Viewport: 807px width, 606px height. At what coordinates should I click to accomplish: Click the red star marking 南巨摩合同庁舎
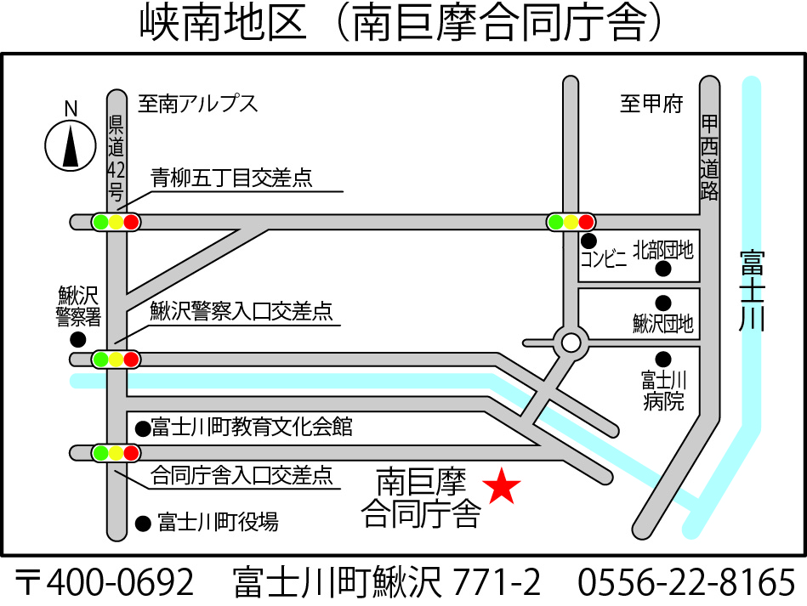point(502,487)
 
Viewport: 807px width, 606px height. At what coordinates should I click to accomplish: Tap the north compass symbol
point(70,144)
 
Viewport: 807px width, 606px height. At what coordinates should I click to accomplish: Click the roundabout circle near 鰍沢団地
point(571,343)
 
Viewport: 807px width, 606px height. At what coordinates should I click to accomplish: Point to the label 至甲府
point(651,104)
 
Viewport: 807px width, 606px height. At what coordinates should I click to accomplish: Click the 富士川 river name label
point(752,290)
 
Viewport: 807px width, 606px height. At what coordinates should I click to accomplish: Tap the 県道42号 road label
point(116,157)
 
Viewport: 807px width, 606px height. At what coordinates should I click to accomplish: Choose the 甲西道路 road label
point(709,158)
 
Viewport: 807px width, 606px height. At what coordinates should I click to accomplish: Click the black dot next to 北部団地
point(663,269)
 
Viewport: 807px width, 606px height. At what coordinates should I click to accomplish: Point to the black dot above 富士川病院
point(663,358)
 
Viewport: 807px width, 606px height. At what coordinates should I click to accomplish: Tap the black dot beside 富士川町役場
point(142,522)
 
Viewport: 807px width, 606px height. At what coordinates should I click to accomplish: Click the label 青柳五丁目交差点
point(231,178)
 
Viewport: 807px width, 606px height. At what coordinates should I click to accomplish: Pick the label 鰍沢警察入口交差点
point(242,312)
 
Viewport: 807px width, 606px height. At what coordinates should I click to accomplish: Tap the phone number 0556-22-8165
point(686,583)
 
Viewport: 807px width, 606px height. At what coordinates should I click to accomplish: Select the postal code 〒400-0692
point(105,583)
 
